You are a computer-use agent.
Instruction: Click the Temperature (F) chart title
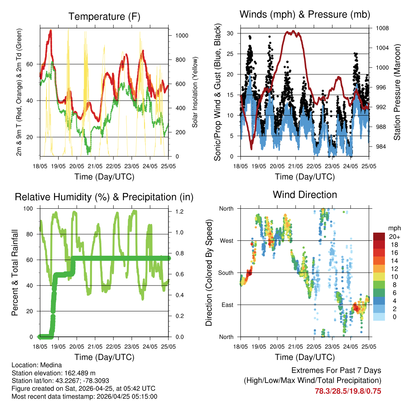pyautogui.click(x=104, y=16)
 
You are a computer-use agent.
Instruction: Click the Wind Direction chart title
pyautogui.click(x=305, y=195)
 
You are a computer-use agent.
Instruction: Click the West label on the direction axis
pyautogui.click(x=226, y=240)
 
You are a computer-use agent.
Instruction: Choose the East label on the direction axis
pyautogui.click(x=227, y=305)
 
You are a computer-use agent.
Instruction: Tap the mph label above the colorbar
pyautogui.click(x=393, y=228)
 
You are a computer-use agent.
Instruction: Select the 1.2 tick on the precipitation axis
pyautogui.click(x=179, y=212)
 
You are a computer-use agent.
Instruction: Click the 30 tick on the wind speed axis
pyautogui.click(x=231, y=33)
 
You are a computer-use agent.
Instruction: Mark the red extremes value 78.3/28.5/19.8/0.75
pyautogui.click(x=348, y=391)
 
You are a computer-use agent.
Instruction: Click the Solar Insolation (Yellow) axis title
pyautogui.click(x=195, y=92)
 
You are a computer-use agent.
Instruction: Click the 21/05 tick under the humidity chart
pyautogui.click(x=95, y=346)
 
